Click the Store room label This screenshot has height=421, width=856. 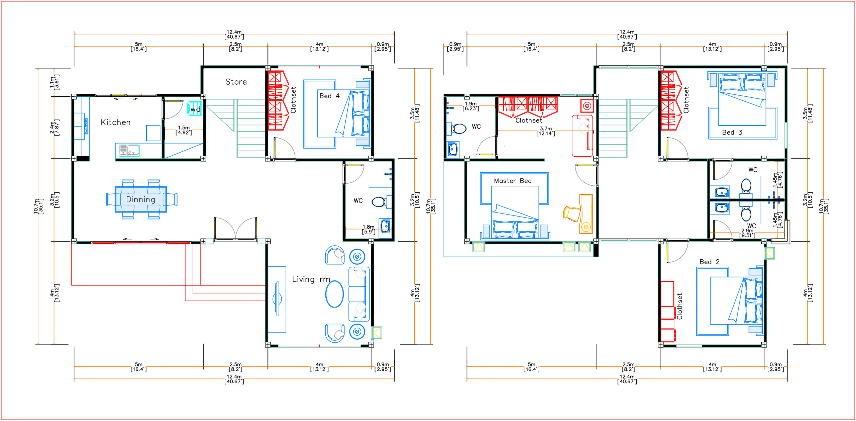236,82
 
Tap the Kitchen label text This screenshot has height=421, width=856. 116,122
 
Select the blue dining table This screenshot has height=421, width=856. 141,199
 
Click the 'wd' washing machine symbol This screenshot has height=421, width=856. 195,109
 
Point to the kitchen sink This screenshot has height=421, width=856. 129,150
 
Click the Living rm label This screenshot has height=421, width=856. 311,279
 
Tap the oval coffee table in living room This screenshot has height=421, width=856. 334,294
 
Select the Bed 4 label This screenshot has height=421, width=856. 329,96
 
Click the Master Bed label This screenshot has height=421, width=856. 513,181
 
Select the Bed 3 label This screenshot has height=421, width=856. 732,133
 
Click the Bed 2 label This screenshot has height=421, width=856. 710,262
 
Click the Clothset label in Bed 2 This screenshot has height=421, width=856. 679,306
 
